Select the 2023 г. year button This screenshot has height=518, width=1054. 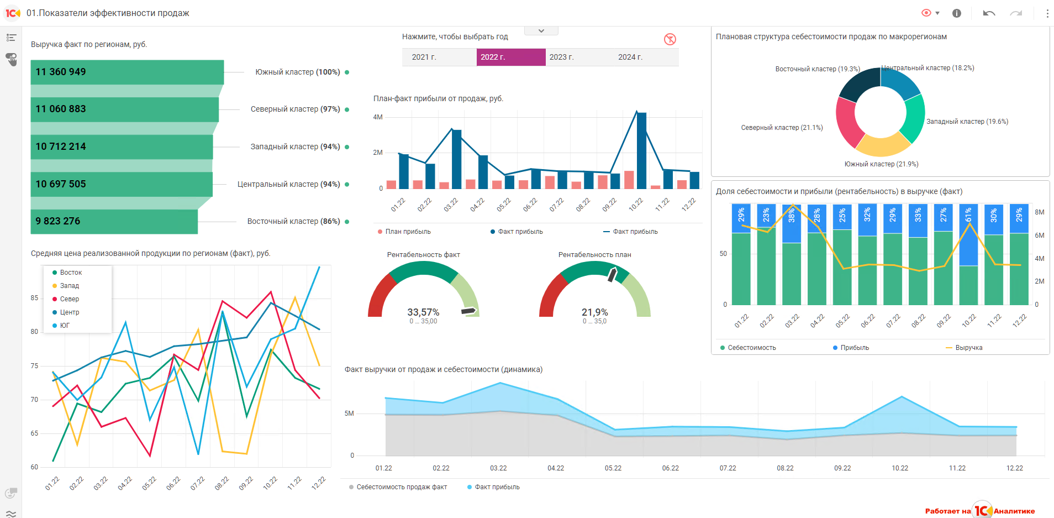tap(561, 57)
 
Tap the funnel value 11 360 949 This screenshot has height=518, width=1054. tap(61, 72)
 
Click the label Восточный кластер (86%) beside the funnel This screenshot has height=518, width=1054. tap(293, 221)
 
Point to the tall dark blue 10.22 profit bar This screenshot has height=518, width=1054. tap(641, 150)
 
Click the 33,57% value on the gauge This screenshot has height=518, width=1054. tap(423, 312)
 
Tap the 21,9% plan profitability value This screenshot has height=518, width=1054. tap(594, 312)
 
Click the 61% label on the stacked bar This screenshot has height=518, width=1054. tap(968, 215)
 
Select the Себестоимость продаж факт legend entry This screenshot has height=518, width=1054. tap(398, 487)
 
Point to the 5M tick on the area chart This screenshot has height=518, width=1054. tap(349, 414)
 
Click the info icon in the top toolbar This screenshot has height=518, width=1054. tap(957, 13)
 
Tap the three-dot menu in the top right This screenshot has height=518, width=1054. tap(1047, 13)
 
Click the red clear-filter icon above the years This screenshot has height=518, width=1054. tap(670, 39)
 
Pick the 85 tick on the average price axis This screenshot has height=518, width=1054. tap(35, 298)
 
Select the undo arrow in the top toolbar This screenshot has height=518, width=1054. tap(989, 13)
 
